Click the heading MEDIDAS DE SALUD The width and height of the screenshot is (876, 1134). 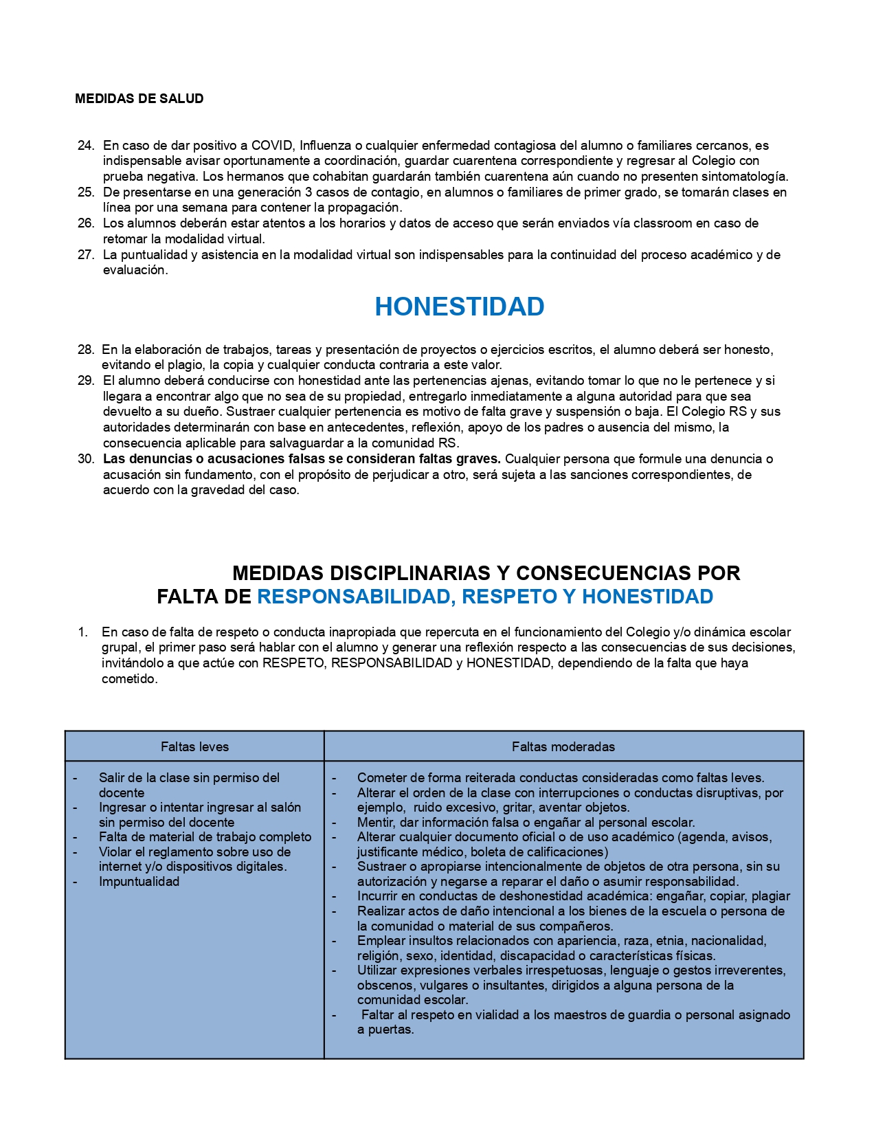coord(139,99)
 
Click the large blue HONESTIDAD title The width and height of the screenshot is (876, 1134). coord(459,307)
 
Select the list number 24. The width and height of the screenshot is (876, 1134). coord(85,146)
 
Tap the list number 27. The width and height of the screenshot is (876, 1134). coord(85,255)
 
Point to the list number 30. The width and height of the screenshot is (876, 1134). coord(85,459)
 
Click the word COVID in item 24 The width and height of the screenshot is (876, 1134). coord(272,146)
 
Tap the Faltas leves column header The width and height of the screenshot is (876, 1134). coord(194,747)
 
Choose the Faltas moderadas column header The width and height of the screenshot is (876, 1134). coord(563,747)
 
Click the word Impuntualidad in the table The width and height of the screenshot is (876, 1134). coord(139,882)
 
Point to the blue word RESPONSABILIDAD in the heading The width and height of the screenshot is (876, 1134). coord(354,597)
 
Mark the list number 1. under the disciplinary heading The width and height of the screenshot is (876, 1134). coord(82,632)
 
